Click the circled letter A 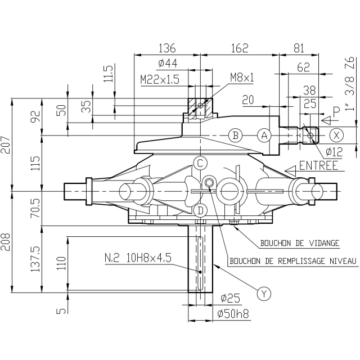pos(264,136)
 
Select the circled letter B pos(236,136)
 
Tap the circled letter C pos(200,164)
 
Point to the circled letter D pos(200,210)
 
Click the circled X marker pos(336,135)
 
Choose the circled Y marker pos(264,293)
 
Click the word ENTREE pos(319,166)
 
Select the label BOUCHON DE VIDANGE pos(300,243)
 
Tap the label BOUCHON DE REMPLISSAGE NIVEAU pos(293,261)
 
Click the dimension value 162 pos(239,48)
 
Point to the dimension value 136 pos(167,48)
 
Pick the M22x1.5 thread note pos(160,80)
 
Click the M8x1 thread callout pos(242,78)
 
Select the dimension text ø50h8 pos(232,314)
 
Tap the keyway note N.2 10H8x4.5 pos(138,258)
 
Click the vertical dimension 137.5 pos(36,259)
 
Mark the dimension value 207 pos(6,145)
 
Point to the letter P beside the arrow pos(336,113)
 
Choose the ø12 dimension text pos(334,152)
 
